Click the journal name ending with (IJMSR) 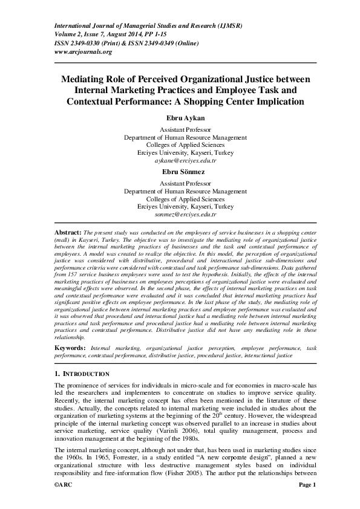pos(148,27)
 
